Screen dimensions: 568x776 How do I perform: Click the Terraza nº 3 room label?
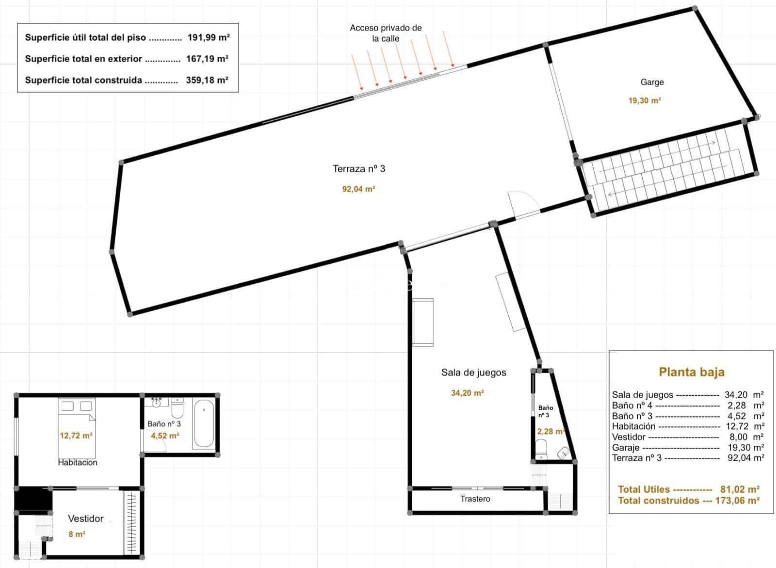pyautogui.click(x=359, y=169)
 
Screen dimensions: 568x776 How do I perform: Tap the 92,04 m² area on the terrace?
pyautogui.click(x=359, y=189)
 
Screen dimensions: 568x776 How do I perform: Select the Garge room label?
pyautogui.click(x=652, y=82)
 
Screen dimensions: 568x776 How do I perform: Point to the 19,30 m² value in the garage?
pyautogui.click(x=645, y=101)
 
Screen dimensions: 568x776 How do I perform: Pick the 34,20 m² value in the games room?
pyautogui.click(x=468, y=393)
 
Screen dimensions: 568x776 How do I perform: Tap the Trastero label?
pyautogui.click(x=475, y=499)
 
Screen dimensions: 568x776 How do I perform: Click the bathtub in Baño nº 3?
pyautogui.click(x=204, y=423)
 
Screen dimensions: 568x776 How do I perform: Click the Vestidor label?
pyautogui.click(x=86, y=519)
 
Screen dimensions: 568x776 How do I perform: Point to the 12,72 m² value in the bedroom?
pyautogui.click(x=76, y=436)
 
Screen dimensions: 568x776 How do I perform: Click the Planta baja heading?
pyautogui.click(x=692, y=372)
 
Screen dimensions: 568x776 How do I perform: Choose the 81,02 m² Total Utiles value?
pyautogui.click(x=742, y=489)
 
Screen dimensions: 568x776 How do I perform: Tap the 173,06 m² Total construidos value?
pyautogui.click(x=737, y=500)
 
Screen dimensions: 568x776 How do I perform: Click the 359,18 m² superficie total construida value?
pyautogui.click(x=207, y=80)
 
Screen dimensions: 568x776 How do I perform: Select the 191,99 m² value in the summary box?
pyautogui.click(x=209, y=37)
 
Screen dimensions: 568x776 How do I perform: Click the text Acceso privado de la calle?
pyautogui.click(x=386, y=33)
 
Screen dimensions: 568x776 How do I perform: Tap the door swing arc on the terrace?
pyautogui.click(x=521, y=200)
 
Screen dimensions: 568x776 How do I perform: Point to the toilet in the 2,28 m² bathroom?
pyautogui.click(x=542, y=449)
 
